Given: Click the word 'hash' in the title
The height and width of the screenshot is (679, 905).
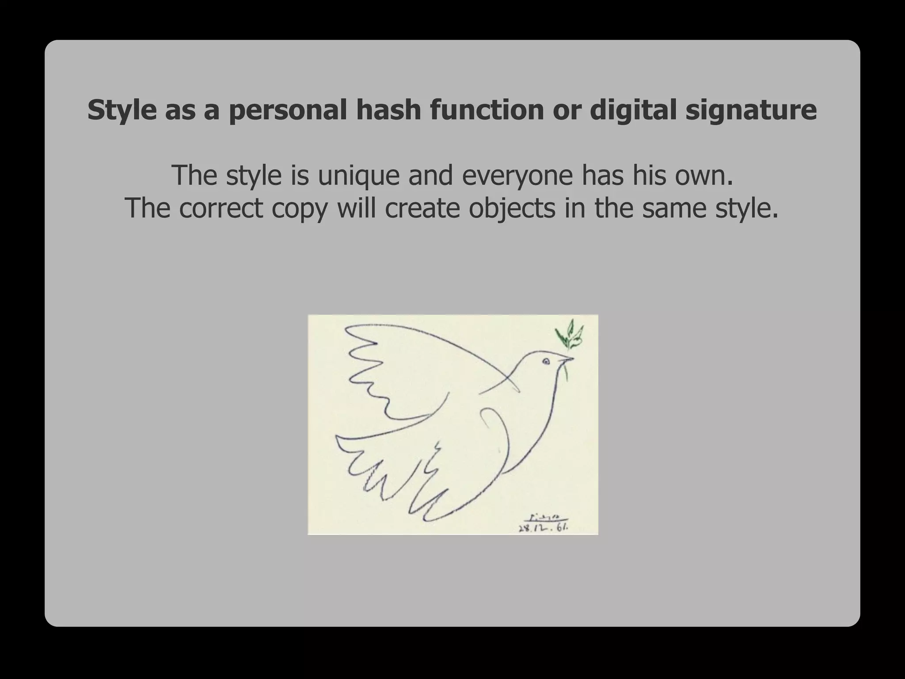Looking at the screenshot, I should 388,110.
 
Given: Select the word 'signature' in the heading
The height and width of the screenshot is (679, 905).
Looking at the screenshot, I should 751,110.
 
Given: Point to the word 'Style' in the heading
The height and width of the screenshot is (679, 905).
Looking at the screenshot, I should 122,110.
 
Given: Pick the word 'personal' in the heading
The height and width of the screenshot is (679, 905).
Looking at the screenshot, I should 288,110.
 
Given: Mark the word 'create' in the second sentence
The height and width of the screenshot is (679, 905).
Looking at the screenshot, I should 423,208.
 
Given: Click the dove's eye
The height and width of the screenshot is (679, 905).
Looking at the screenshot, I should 546,362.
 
